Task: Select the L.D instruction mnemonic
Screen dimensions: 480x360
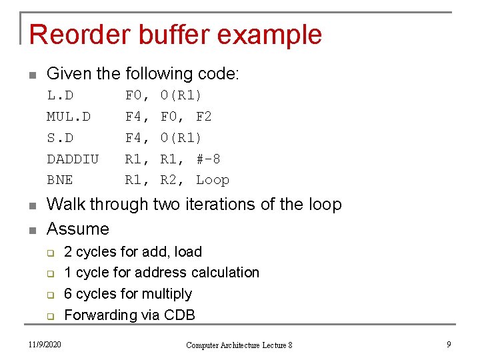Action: tap(60, 95)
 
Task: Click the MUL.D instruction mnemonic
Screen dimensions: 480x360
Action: tap(69, 116)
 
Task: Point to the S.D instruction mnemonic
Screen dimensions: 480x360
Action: tap(60, 137)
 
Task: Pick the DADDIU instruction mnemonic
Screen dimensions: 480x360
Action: tap(73, 159)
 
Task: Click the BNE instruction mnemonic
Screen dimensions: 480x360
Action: tap(60, 180)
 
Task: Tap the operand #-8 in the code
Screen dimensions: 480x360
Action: tap(208, 159)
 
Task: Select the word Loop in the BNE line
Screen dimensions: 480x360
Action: tap(213, 180)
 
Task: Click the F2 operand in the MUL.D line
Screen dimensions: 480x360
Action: tap(204, 116)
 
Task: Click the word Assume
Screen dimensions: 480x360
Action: tap(78, 229)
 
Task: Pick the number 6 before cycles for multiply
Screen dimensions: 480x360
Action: tap(68, 294)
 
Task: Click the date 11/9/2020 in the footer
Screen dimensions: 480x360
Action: tap(45, 344)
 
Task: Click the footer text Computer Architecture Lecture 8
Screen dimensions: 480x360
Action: tap(239, 345)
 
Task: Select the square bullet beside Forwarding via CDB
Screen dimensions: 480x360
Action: tap(49, 315)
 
